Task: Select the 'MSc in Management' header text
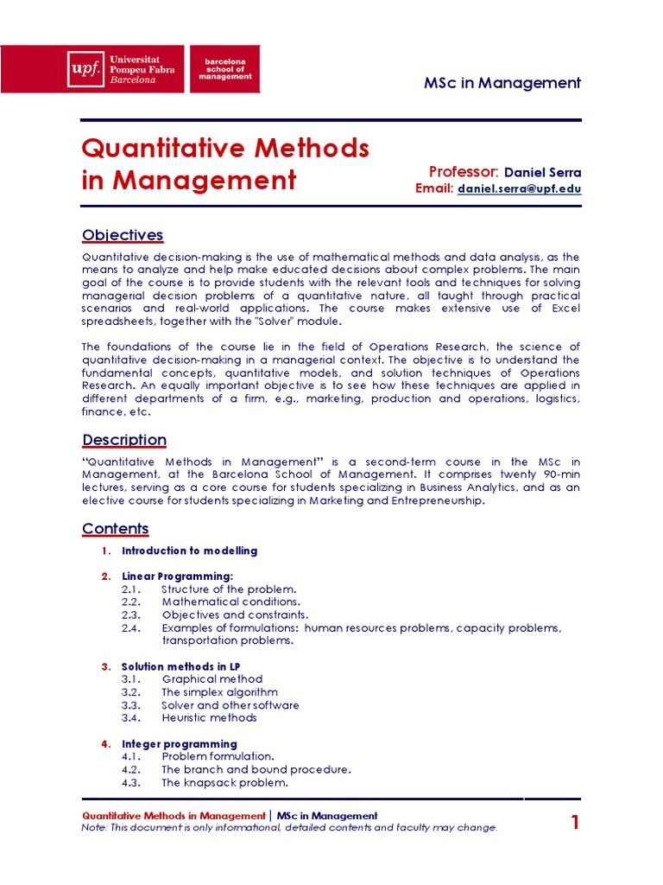(x=502, y=83)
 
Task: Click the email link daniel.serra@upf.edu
(x=519, y=188)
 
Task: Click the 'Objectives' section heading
(x=122, y=235)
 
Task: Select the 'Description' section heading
(x=123, y=440)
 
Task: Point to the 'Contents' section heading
(x=115, y=528)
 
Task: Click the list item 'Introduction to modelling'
(x=189, y=551)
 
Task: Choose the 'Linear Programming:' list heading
(x=177, y=576)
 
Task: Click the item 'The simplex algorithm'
(x=219, y=692)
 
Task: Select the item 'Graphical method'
(x=212, y=679)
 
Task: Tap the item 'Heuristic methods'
(x=209, y=717)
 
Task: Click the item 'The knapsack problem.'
(x=224, y=783)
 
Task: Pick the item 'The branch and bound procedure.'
(x=256, y=769)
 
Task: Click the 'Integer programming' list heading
(x=179, y=744)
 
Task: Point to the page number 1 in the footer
(x=575, y=823)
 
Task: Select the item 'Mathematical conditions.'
(x=230, y=602)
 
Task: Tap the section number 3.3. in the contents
(x=131, y=705)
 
